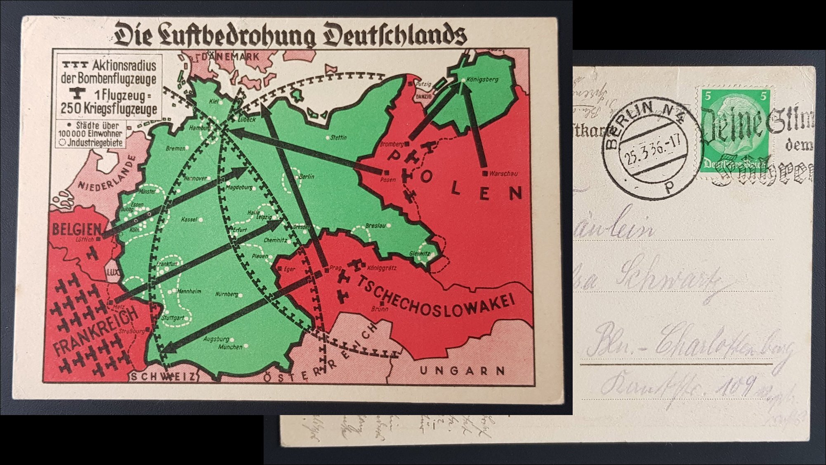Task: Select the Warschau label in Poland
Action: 503,174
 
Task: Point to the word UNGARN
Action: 462,371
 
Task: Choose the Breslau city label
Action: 375,226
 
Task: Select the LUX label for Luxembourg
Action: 112,272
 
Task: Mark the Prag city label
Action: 334,268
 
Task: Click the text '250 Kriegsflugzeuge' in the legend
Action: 109,109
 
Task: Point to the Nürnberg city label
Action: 227,294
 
